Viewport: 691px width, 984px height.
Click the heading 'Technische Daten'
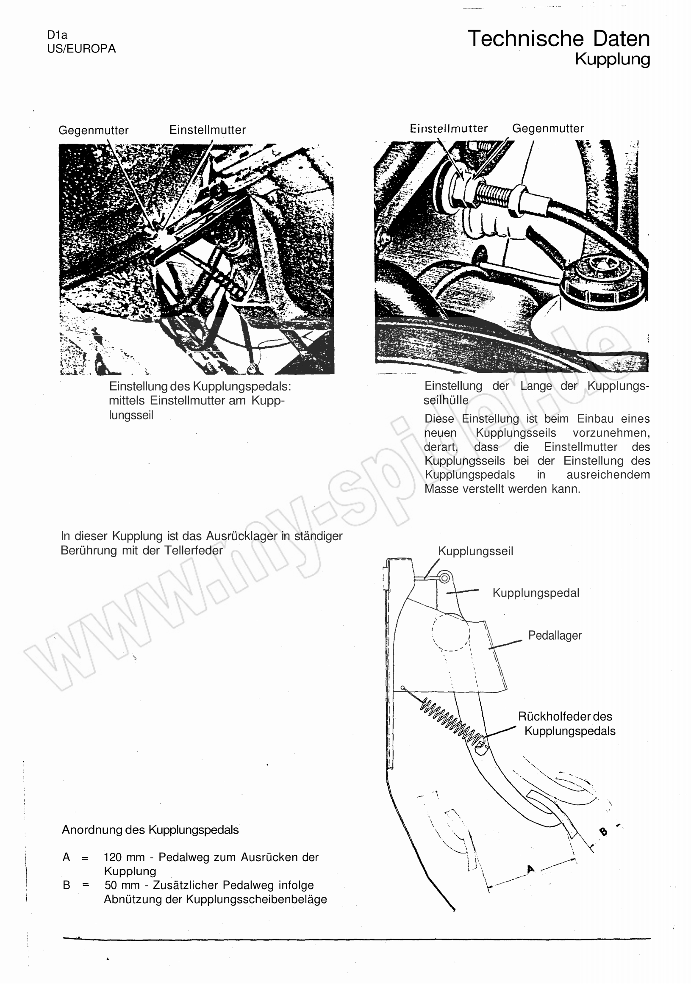558,39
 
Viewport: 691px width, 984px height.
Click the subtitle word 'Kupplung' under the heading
612,59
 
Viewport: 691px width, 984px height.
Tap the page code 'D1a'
57,35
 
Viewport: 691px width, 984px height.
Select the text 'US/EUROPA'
81,49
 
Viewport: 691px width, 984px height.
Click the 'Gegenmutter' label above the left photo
94,130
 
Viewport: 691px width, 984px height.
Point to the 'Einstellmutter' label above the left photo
208,130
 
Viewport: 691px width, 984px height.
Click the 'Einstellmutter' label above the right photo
449,129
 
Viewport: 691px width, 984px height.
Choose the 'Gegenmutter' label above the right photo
548,129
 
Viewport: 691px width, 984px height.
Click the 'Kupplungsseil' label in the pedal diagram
475,551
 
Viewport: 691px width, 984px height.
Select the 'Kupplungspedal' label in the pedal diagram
536,593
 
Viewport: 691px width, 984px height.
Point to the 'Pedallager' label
555,635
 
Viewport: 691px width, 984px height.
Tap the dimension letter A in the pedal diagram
531,869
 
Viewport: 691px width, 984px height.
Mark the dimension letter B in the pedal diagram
604,832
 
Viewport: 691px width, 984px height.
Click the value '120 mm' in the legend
124,857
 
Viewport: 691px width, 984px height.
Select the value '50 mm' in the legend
122,885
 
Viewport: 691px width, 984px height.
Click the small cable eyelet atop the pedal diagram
445,579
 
